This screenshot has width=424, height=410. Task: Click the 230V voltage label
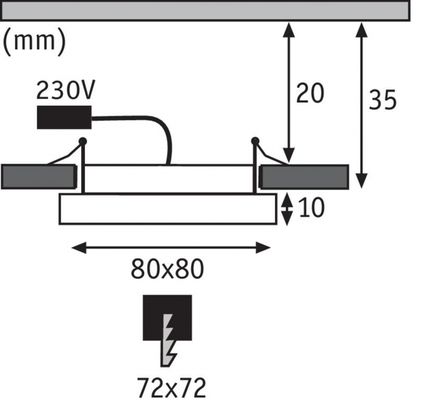click(65, 92)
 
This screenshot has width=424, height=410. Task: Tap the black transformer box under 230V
click(64, 117)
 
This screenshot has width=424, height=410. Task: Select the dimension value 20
click(310, 93)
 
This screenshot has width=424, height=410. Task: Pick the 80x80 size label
click(167, 269)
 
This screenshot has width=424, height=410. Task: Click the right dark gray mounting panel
click(304, 176)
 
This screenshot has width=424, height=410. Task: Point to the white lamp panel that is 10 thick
click(167, 208)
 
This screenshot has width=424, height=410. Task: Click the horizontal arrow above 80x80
click(172, 247)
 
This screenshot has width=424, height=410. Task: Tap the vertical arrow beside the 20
click(288, 92)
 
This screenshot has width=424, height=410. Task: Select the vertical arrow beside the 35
click(363, 102)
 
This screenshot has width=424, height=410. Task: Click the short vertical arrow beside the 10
click(286, 209)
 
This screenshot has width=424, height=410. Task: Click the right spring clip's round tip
click(256, 142)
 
